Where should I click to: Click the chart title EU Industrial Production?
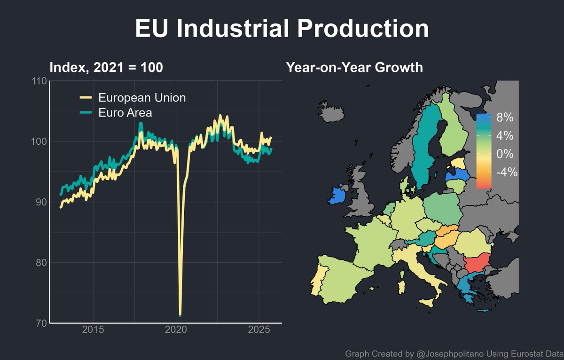282,29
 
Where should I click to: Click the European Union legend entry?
141,98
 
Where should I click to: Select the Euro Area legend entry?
125,113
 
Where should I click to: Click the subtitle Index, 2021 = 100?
106,68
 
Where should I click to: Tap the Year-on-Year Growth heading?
354,68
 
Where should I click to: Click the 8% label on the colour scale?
504,117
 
